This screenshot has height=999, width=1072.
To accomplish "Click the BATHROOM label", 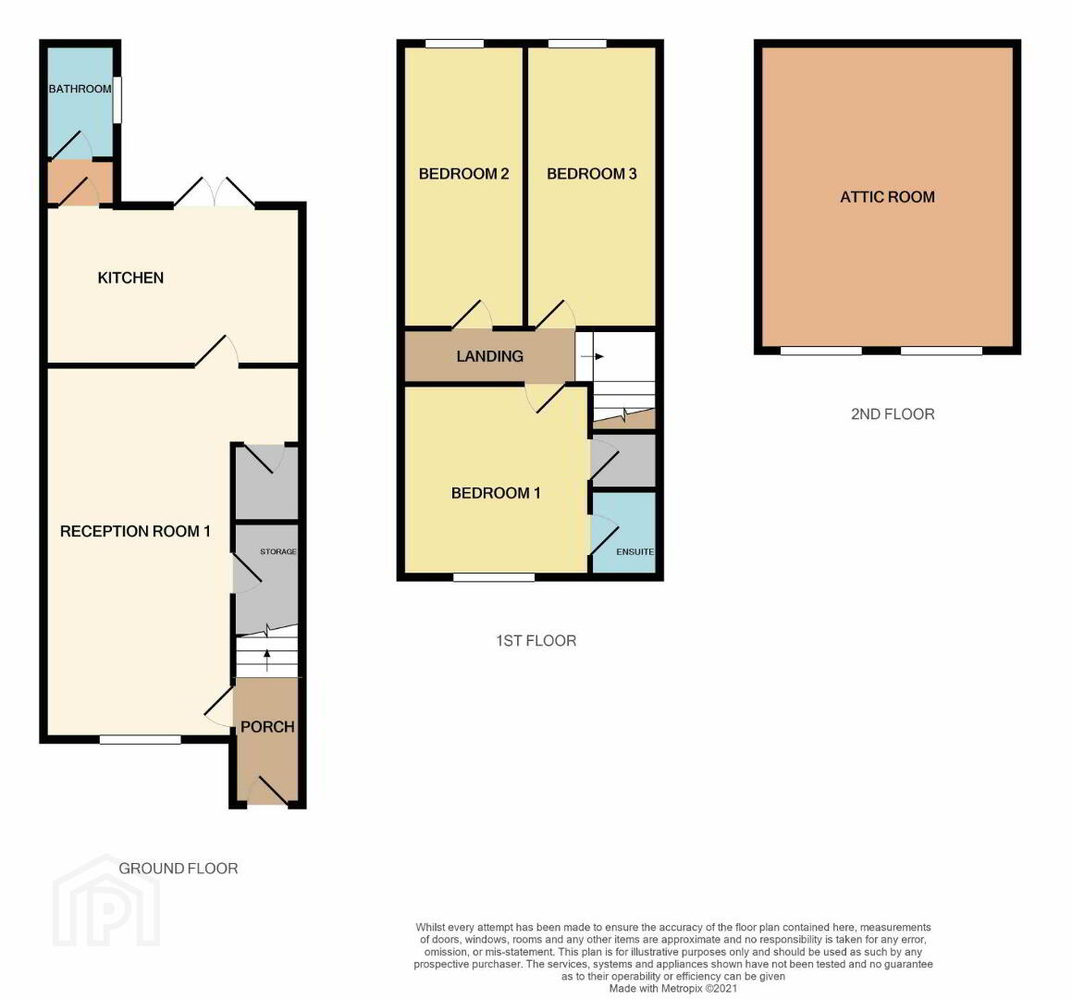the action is tap(80, 89).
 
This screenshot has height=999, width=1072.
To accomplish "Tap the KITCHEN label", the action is tap(130, 277).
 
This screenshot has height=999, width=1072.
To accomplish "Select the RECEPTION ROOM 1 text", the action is tap(135, 531).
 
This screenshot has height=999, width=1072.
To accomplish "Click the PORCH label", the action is tap(267, 727).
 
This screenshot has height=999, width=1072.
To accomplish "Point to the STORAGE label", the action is tap(278, 551).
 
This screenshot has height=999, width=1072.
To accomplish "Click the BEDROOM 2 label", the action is tap(463, 174).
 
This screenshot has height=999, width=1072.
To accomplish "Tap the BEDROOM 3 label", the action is tap(591, 174).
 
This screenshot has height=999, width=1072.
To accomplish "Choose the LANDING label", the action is tap(489, 356).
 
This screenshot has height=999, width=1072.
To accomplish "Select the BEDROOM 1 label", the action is tap(496, 493).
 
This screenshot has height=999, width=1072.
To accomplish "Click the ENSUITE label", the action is tap(635, 552).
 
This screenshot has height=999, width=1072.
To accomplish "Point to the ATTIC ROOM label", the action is tap(887, 197).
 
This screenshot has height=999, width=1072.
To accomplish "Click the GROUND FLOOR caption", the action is tap(179, 869).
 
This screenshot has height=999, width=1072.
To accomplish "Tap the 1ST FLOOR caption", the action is tap(536, 641).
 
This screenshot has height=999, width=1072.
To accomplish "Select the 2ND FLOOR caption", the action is tap(893, 413).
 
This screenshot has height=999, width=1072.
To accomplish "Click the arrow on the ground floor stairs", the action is tap(266, 660).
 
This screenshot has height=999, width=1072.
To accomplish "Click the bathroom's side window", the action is tap(117, 100).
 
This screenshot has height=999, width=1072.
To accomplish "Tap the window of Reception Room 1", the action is tap(141, 739).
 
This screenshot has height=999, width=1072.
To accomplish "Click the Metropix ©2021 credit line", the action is tap(673, 988).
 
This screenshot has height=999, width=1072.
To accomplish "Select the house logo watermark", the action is tap(106, 900).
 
